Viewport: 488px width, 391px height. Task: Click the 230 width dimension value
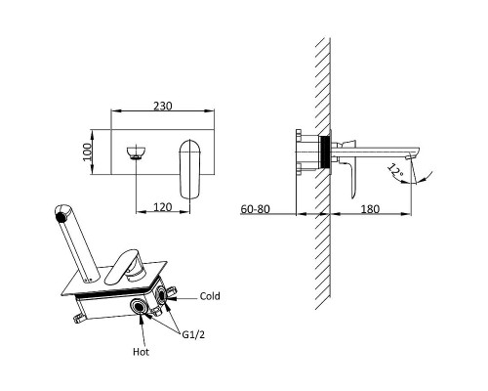[x=162, y=106]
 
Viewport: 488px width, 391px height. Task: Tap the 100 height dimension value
[x=87, y=152]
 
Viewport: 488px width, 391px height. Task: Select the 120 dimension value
[x=162, y=207]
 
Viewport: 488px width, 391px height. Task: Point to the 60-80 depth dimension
[x=255, y=208]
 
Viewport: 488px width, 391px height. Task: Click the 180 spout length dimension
[x=370, y=208]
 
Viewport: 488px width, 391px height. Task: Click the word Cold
[x=210, y=296]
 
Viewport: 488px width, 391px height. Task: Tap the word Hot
[x=142, y=352]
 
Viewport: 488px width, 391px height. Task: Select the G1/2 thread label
[x=193, y=334]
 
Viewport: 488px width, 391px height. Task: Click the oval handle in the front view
[x=190, y=169]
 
